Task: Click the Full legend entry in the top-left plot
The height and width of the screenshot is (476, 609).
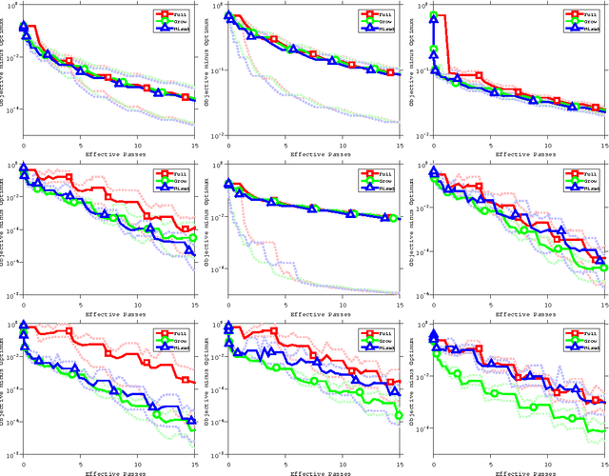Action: [x=177, y=14]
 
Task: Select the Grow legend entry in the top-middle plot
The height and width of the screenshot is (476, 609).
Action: [x=382, y=22]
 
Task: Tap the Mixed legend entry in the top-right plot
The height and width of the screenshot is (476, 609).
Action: [x=586, y=29]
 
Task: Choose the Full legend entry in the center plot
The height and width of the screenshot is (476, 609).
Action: [x=382, y=173]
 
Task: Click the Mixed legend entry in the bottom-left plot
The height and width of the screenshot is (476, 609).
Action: [x=177, y=347]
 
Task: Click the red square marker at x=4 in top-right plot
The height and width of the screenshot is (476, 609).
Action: [x=480, y=76]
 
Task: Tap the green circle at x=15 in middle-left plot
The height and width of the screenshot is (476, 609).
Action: [x=194, y=238]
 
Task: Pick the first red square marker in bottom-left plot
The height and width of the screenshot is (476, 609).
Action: [x=24, y=327]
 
